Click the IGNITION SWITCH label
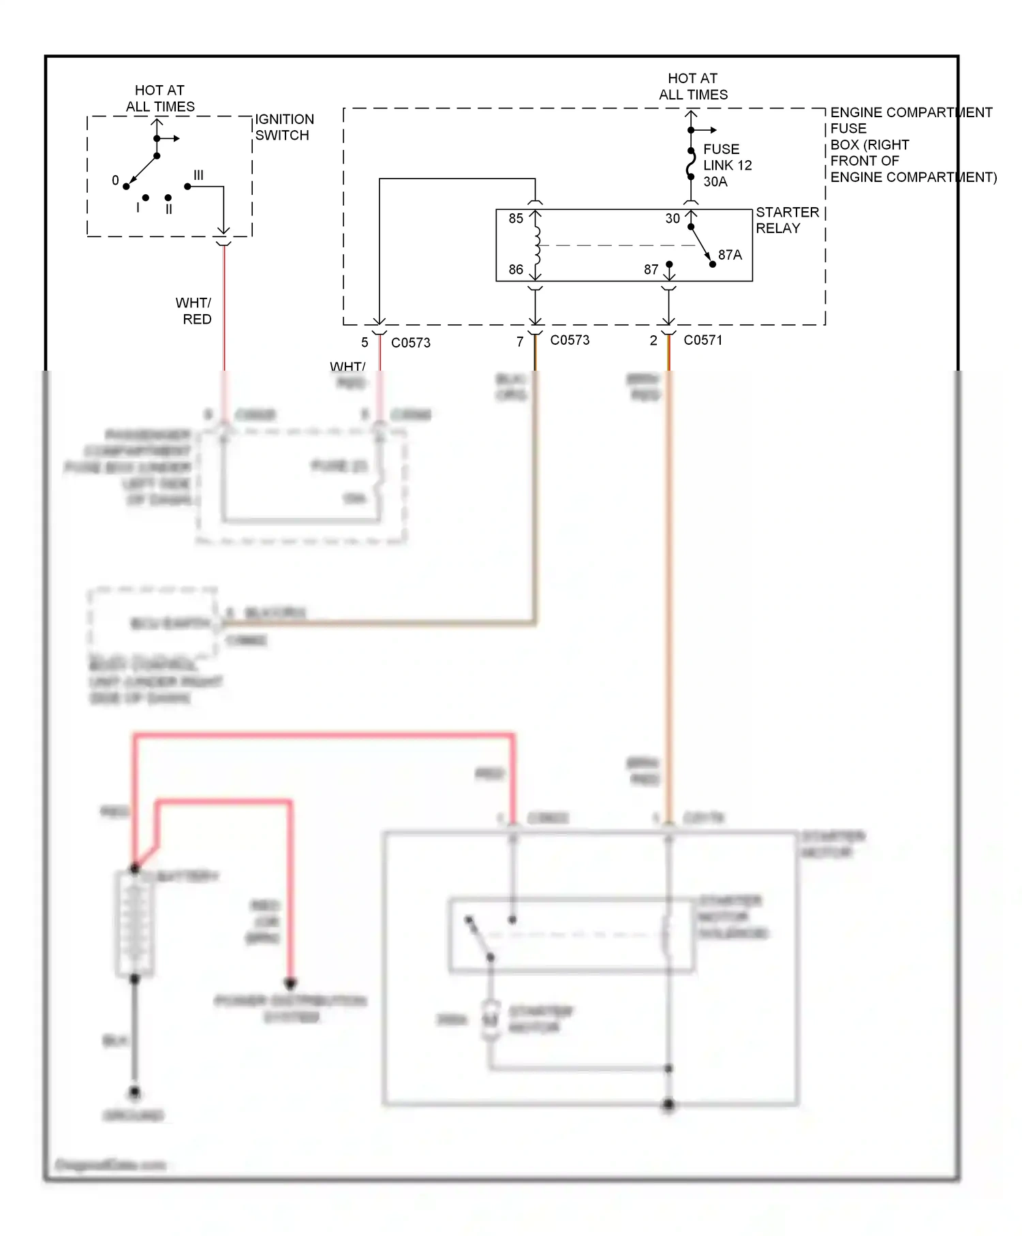[284, 127]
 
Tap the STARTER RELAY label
[786, 220]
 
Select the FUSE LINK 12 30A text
[727, 166]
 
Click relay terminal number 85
[516, 219]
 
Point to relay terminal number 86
[516, 270]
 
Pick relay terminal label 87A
[730, 255]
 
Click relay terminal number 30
[672, 219]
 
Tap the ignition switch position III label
[198, 175]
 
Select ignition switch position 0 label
[115, 181]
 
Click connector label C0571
[702, 340]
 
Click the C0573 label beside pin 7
[570, 340]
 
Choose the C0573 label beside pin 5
[410, 343]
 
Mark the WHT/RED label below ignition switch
[195, 311]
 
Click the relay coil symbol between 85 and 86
[537, 245]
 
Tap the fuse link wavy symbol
[691, 164]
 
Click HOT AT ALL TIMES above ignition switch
[159, 99]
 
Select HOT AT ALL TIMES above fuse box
[693, 87]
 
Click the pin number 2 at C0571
[653, 341]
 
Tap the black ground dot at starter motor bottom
[668, 1104]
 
